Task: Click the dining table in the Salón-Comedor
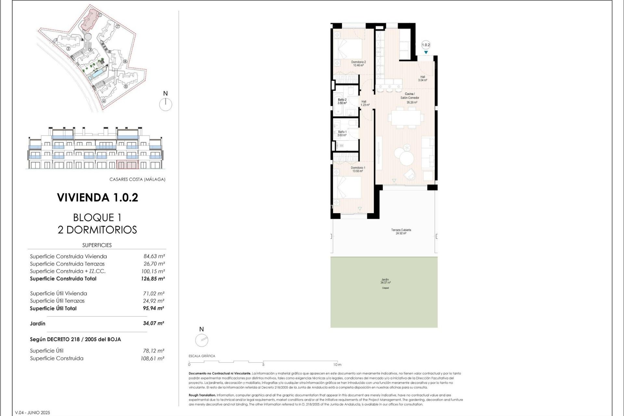click(x=406, y=118)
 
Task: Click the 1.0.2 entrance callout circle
click(x=425, y=45)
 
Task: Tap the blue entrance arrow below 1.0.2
click(x=425, y=52)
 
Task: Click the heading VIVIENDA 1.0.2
click(x=97, y=198)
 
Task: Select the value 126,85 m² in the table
click(x=153, y=279)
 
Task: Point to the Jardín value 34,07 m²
click(x=153, y=323)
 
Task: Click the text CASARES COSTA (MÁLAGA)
click(x=137, y=179)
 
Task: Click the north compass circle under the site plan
click(x=165, y=105)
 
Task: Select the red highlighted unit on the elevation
click(x=127, y=164)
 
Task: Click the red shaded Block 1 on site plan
click(x=90, y=20)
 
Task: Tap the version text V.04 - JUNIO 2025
click(x=32, y=412)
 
